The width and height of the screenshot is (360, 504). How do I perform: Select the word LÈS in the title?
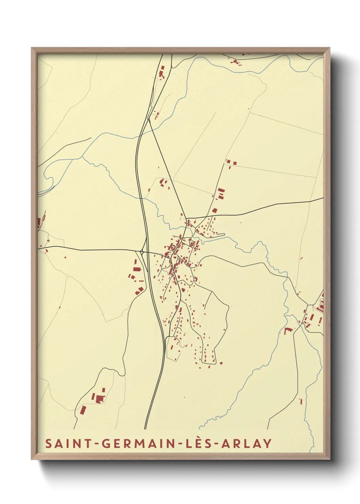(x=197, y=443)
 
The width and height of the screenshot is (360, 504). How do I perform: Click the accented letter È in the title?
(x=197, y=443)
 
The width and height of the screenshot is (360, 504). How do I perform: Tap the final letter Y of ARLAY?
(x=268, y=443)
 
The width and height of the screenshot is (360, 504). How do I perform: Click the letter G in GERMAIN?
(x=105, y=443)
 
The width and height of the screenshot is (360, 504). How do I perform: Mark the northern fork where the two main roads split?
(x=149, y=119)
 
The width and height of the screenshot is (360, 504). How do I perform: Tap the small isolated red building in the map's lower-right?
(x=300, y=401)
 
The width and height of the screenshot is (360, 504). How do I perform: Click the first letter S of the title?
(x=49, y=443)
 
